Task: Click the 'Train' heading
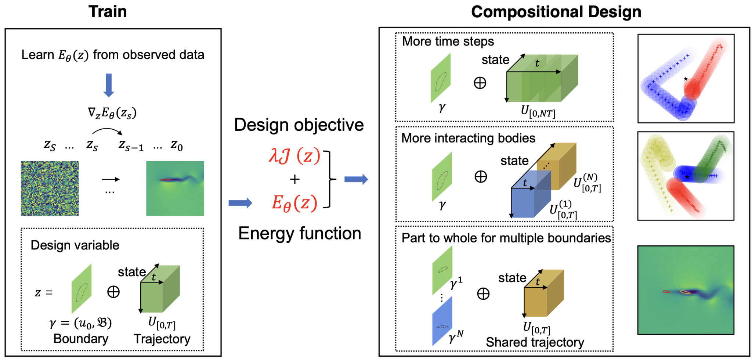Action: (108, 12)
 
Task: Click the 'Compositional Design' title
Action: (556, 12)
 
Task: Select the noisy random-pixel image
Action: (50, 188)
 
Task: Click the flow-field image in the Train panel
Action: (175, 188)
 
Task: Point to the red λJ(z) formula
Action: (294, 156)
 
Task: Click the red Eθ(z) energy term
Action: (294, 203)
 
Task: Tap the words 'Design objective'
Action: (299, 125)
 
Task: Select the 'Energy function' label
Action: (300, 233)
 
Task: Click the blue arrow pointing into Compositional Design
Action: (356, 179)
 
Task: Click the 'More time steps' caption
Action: (448, 41)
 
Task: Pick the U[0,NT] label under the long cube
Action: (538, 111)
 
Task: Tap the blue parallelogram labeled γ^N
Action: (442, 321)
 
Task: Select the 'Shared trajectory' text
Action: (535, 342)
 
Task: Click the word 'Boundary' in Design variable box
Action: (81, 339)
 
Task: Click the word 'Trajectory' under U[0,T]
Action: (162, 339)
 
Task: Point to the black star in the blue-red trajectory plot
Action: (686, 79)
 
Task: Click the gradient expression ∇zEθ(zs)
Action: (112, 113)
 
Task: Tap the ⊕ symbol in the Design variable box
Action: (113, 292)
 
